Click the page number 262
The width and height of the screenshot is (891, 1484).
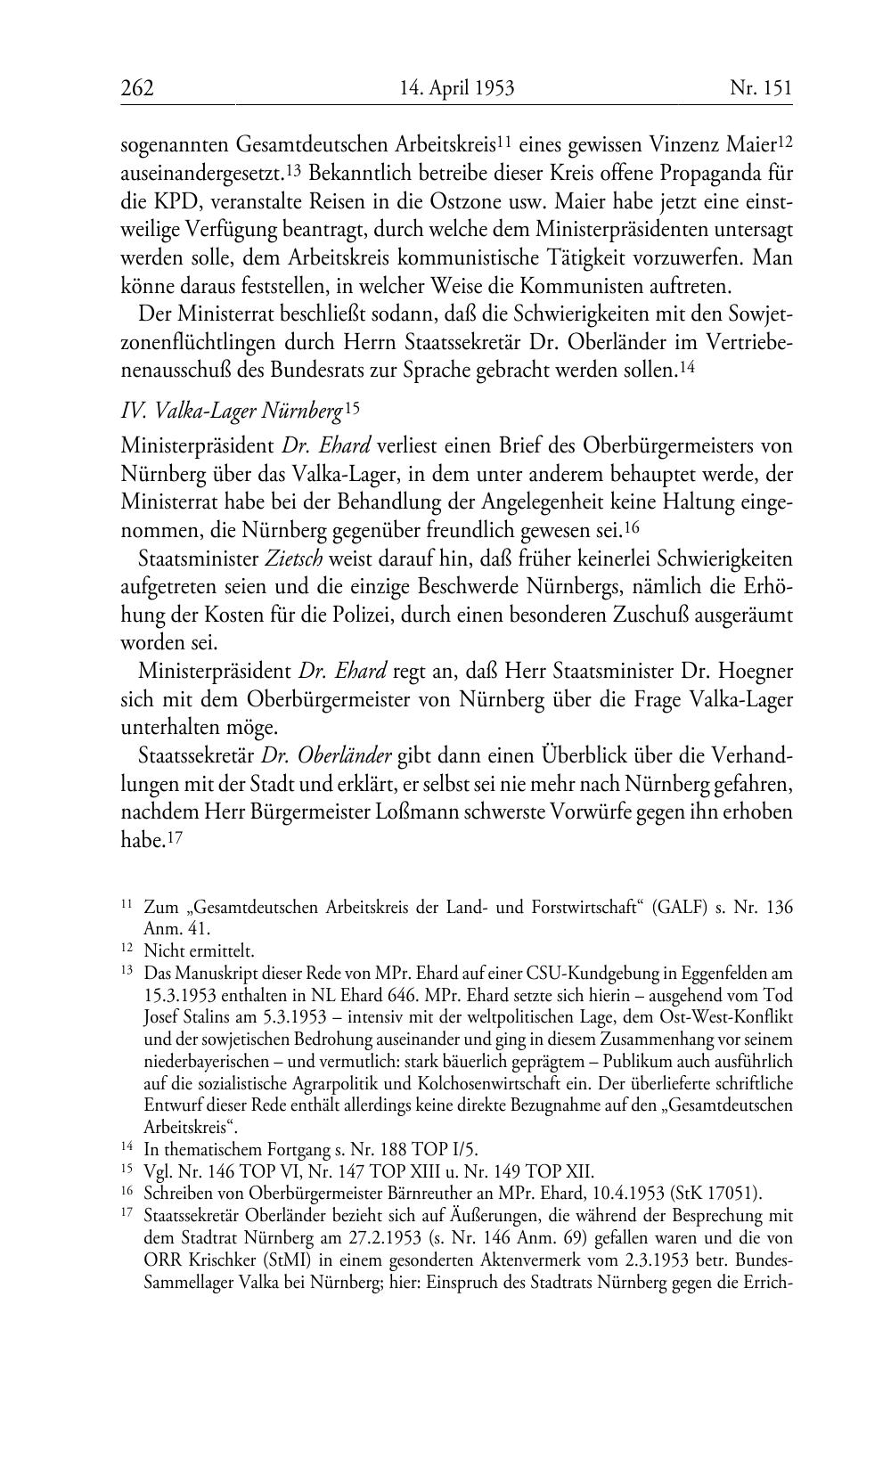point(137,87)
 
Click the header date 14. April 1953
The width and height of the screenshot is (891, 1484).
point(457,87)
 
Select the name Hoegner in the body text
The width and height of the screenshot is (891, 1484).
point(752,671)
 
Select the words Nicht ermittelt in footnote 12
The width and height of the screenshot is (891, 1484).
point(199,950)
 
